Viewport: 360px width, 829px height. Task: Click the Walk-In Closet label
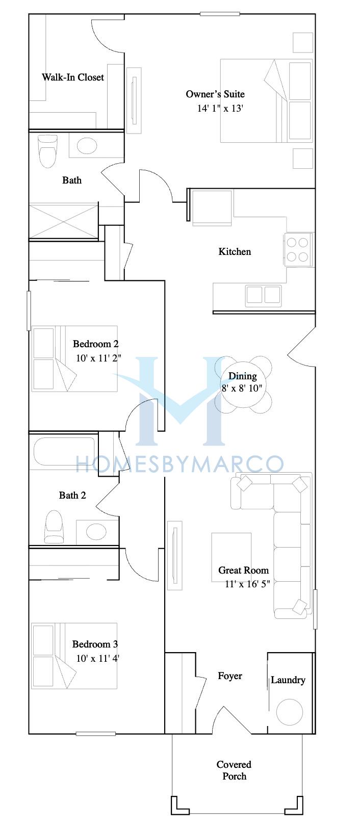pos(73,77)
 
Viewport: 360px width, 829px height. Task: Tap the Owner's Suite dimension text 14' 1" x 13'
pos(220,109)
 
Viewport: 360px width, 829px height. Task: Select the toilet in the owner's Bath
pos(48,151)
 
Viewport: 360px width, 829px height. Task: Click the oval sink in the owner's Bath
pos(87,145)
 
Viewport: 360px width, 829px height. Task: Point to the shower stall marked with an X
pos(64,221)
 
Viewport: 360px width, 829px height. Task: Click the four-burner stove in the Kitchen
pos(298,249)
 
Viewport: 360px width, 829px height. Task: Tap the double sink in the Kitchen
pos(263,295)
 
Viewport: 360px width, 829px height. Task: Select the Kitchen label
pos(235,252)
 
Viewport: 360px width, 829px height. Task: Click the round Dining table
pos(243,384)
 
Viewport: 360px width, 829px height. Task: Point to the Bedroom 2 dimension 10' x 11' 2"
pos(99,358)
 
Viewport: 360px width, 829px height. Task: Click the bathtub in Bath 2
pos(64,451)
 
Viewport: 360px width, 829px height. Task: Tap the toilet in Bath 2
pos(54,527)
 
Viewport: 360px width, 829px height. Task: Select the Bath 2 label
pos(72,495)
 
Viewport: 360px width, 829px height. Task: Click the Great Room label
pos(243,570)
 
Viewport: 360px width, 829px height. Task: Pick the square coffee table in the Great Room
pos(231,554)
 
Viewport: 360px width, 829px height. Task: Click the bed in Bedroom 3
pos(74,656)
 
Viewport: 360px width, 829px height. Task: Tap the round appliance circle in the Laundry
pos(289,712)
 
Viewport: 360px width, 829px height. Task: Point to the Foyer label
pos(230,676)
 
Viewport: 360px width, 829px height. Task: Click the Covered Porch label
pos(234,770)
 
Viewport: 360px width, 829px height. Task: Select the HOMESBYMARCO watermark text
pos(180,464)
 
